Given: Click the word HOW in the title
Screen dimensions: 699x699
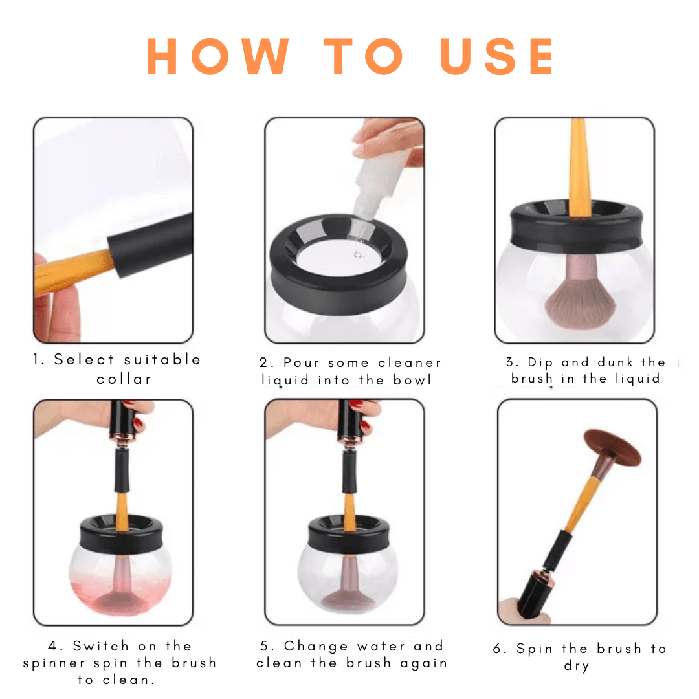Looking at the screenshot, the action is click(218, 56).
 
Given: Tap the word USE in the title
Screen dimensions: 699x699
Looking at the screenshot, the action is click(497, 56).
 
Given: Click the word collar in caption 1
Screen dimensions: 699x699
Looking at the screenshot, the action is click(124, 379).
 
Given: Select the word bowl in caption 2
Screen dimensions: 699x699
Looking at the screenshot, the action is click(412, 380).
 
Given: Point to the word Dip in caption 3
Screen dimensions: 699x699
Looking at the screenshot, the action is click(540, 362).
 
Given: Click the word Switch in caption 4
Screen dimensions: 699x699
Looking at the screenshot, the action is click(101, 645).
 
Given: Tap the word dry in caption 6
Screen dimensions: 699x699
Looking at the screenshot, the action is click(577, 665).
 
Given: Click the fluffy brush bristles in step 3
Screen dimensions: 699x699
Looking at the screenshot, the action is click(579, 303).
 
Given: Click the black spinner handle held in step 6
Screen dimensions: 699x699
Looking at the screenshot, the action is click(537, 594).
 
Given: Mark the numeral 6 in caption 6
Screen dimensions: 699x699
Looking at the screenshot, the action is click(497, 648).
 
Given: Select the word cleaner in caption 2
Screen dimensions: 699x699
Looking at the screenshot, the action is click(409, 362).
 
